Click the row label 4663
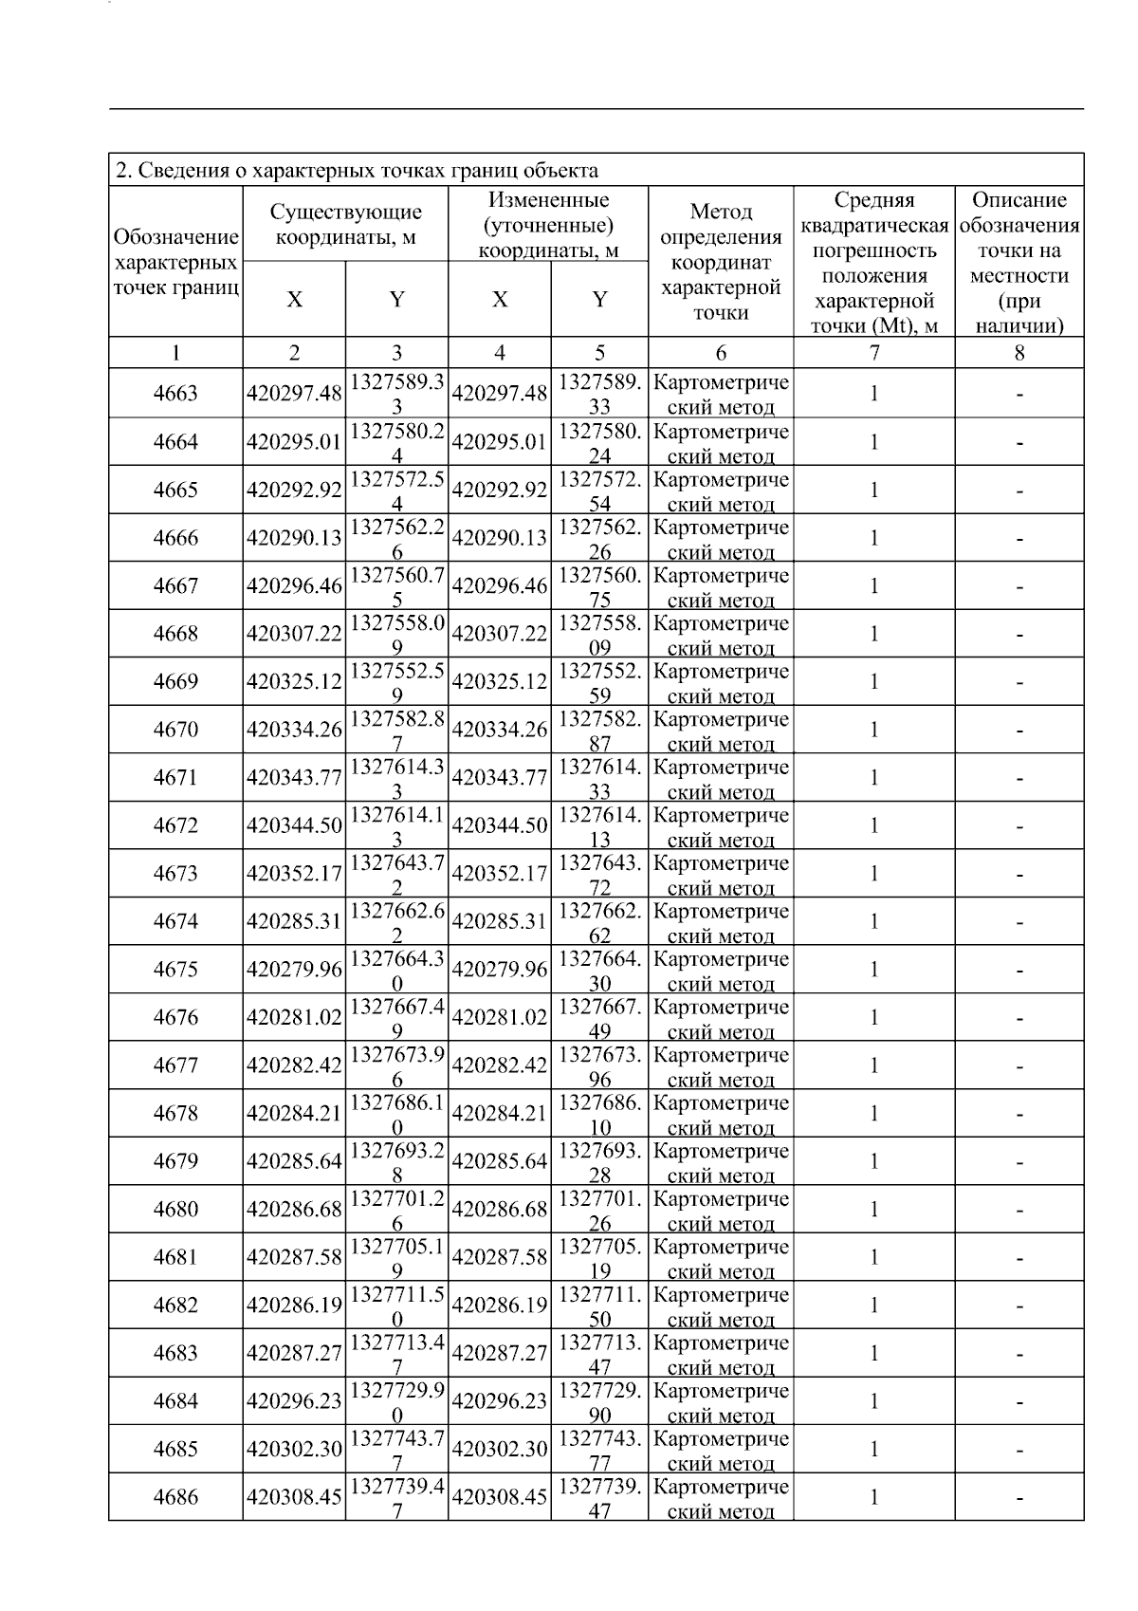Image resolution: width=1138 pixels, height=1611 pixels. [x=175, y=394]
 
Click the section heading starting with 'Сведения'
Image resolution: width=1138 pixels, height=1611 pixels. [x=357, y=171]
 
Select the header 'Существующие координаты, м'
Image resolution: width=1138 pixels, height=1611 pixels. [x=345, y=225]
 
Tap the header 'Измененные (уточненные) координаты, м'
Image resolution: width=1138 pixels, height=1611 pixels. [x=548, y=225]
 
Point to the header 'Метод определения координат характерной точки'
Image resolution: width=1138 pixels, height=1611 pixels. [x=721, y=261]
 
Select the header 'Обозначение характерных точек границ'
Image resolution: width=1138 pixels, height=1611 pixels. [x=175, y=262]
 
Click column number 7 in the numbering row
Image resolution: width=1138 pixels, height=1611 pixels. [x=873, y=354]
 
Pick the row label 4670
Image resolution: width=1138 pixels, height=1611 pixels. [x=175, y=730]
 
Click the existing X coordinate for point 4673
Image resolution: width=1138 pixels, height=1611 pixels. [x=294, y=874]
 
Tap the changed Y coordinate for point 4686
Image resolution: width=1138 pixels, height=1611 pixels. [x=599, y=1498]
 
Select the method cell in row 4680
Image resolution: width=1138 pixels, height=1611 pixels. [x=721, y=1210]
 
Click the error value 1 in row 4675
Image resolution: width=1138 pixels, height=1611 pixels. [x=873, y=970]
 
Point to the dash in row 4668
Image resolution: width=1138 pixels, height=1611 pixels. [x=1019, y=634]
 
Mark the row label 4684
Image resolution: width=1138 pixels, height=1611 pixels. [x=175, y=1401]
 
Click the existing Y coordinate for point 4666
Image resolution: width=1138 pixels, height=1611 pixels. [x=396, y=539]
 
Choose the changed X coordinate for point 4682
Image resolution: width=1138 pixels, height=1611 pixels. [x=500, y=1305]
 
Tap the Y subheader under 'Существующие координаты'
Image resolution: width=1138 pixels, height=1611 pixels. [x=396, y=300]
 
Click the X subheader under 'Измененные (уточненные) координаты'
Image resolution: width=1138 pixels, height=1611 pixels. [x=500, y=300]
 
